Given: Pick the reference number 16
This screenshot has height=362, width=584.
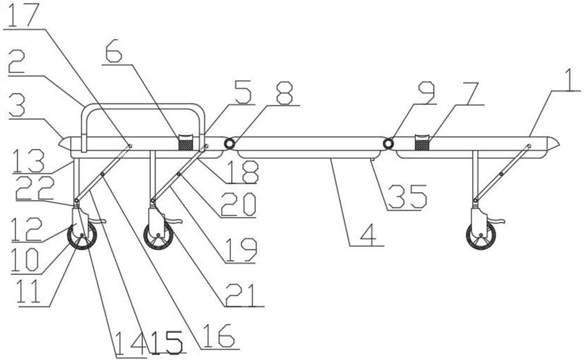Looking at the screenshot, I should (220, 335).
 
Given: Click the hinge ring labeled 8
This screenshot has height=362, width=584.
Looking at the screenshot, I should (230, 144).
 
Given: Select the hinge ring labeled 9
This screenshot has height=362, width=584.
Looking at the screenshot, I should (387, 144).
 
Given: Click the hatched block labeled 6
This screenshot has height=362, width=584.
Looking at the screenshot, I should (186, 143).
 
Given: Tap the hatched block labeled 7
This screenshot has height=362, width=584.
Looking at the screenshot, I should (421, 142).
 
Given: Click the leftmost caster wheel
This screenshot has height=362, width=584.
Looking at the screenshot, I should (82, 236).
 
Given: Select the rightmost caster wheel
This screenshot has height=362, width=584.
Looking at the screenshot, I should (481, 236).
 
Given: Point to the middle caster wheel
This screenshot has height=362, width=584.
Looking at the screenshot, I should (158, 236).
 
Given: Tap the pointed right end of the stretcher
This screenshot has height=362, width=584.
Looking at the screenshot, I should (554, 142).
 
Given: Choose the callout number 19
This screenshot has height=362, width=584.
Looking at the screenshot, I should (239, 250).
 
